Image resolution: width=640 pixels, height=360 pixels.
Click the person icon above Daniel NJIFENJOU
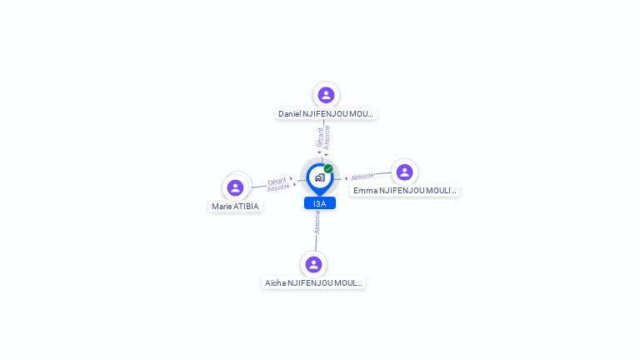pyautogui.click(x=326, y=95)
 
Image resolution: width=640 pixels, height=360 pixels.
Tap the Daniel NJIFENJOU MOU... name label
pyautogui.click(x=326, y=114)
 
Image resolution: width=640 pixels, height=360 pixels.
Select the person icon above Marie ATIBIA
pyautogui.click(x=235, y=187)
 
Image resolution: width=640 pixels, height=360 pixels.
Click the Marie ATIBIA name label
pyautogui.click(x=235, y=207)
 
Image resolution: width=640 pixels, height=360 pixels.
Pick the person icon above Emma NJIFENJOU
pyautogui.click(x=404, y=172)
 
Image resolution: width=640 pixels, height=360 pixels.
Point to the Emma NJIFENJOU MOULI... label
pyautogui.click(x=404, y=191)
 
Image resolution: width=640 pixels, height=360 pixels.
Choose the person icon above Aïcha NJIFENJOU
pyautogui.click(x=313, y=264)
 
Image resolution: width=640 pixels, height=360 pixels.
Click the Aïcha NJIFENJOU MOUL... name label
pyautogui.click(x=313, y=282)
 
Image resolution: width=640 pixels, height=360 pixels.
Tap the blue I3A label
pyautogui.click(x=320, y=203)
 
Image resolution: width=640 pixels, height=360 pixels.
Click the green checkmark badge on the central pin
pyautogui.click(x=328, y=168)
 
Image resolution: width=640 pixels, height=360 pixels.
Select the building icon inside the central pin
pyautogui.click(x=320, y=177)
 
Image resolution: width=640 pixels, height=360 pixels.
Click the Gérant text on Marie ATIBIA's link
pyautogui.click(x=277, y=181)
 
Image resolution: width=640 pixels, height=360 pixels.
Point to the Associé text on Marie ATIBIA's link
pyautogui.click(x=278, y=187)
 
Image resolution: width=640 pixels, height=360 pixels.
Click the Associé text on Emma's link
pyautogui.click(x=362, y=177)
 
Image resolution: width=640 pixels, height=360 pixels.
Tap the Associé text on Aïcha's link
pyautogui.click(x=317, y=222)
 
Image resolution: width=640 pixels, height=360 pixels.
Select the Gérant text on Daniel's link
pyautogui.click(x=320, y=137)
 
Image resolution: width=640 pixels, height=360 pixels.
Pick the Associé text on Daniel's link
pyautogui.click(x=327, y=137)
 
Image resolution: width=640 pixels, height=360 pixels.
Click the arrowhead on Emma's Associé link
pyautogui.click(x=346, y=178)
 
